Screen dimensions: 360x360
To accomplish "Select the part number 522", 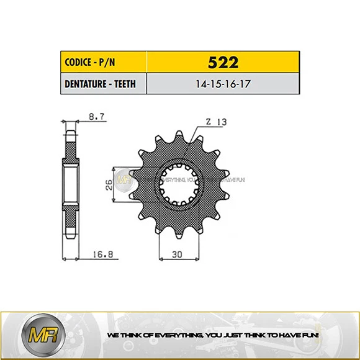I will coord(222,62).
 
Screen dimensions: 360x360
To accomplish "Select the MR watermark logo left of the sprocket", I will coord(127,178).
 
